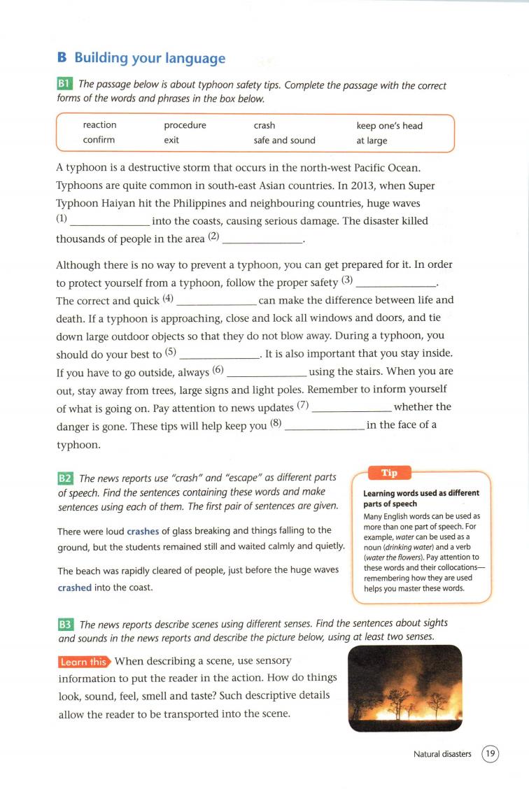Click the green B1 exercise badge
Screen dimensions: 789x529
[x=65, y=85]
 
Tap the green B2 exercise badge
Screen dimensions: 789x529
[x=65, y=478]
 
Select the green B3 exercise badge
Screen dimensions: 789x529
[x=65, y=624]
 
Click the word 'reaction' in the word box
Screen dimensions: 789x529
[x=99, y=125]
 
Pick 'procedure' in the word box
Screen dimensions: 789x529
[x=185, y=125]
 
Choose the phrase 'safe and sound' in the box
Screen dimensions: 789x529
[x=284, y=140]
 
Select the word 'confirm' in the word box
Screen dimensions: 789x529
[x=99, y=140]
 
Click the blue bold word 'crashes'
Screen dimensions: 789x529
[x=143, y=531]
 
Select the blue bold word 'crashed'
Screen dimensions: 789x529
[x=74, y=588]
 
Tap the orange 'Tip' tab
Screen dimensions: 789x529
[x=389, y=473]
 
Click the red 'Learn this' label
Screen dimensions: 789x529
[x=83, y=662]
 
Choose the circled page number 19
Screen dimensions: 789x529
[x=491, y=754]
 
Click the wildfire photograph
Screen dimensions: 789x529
[x=404, y=688]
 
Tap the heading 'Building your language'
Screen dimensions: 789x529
[x=150, y=58]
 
